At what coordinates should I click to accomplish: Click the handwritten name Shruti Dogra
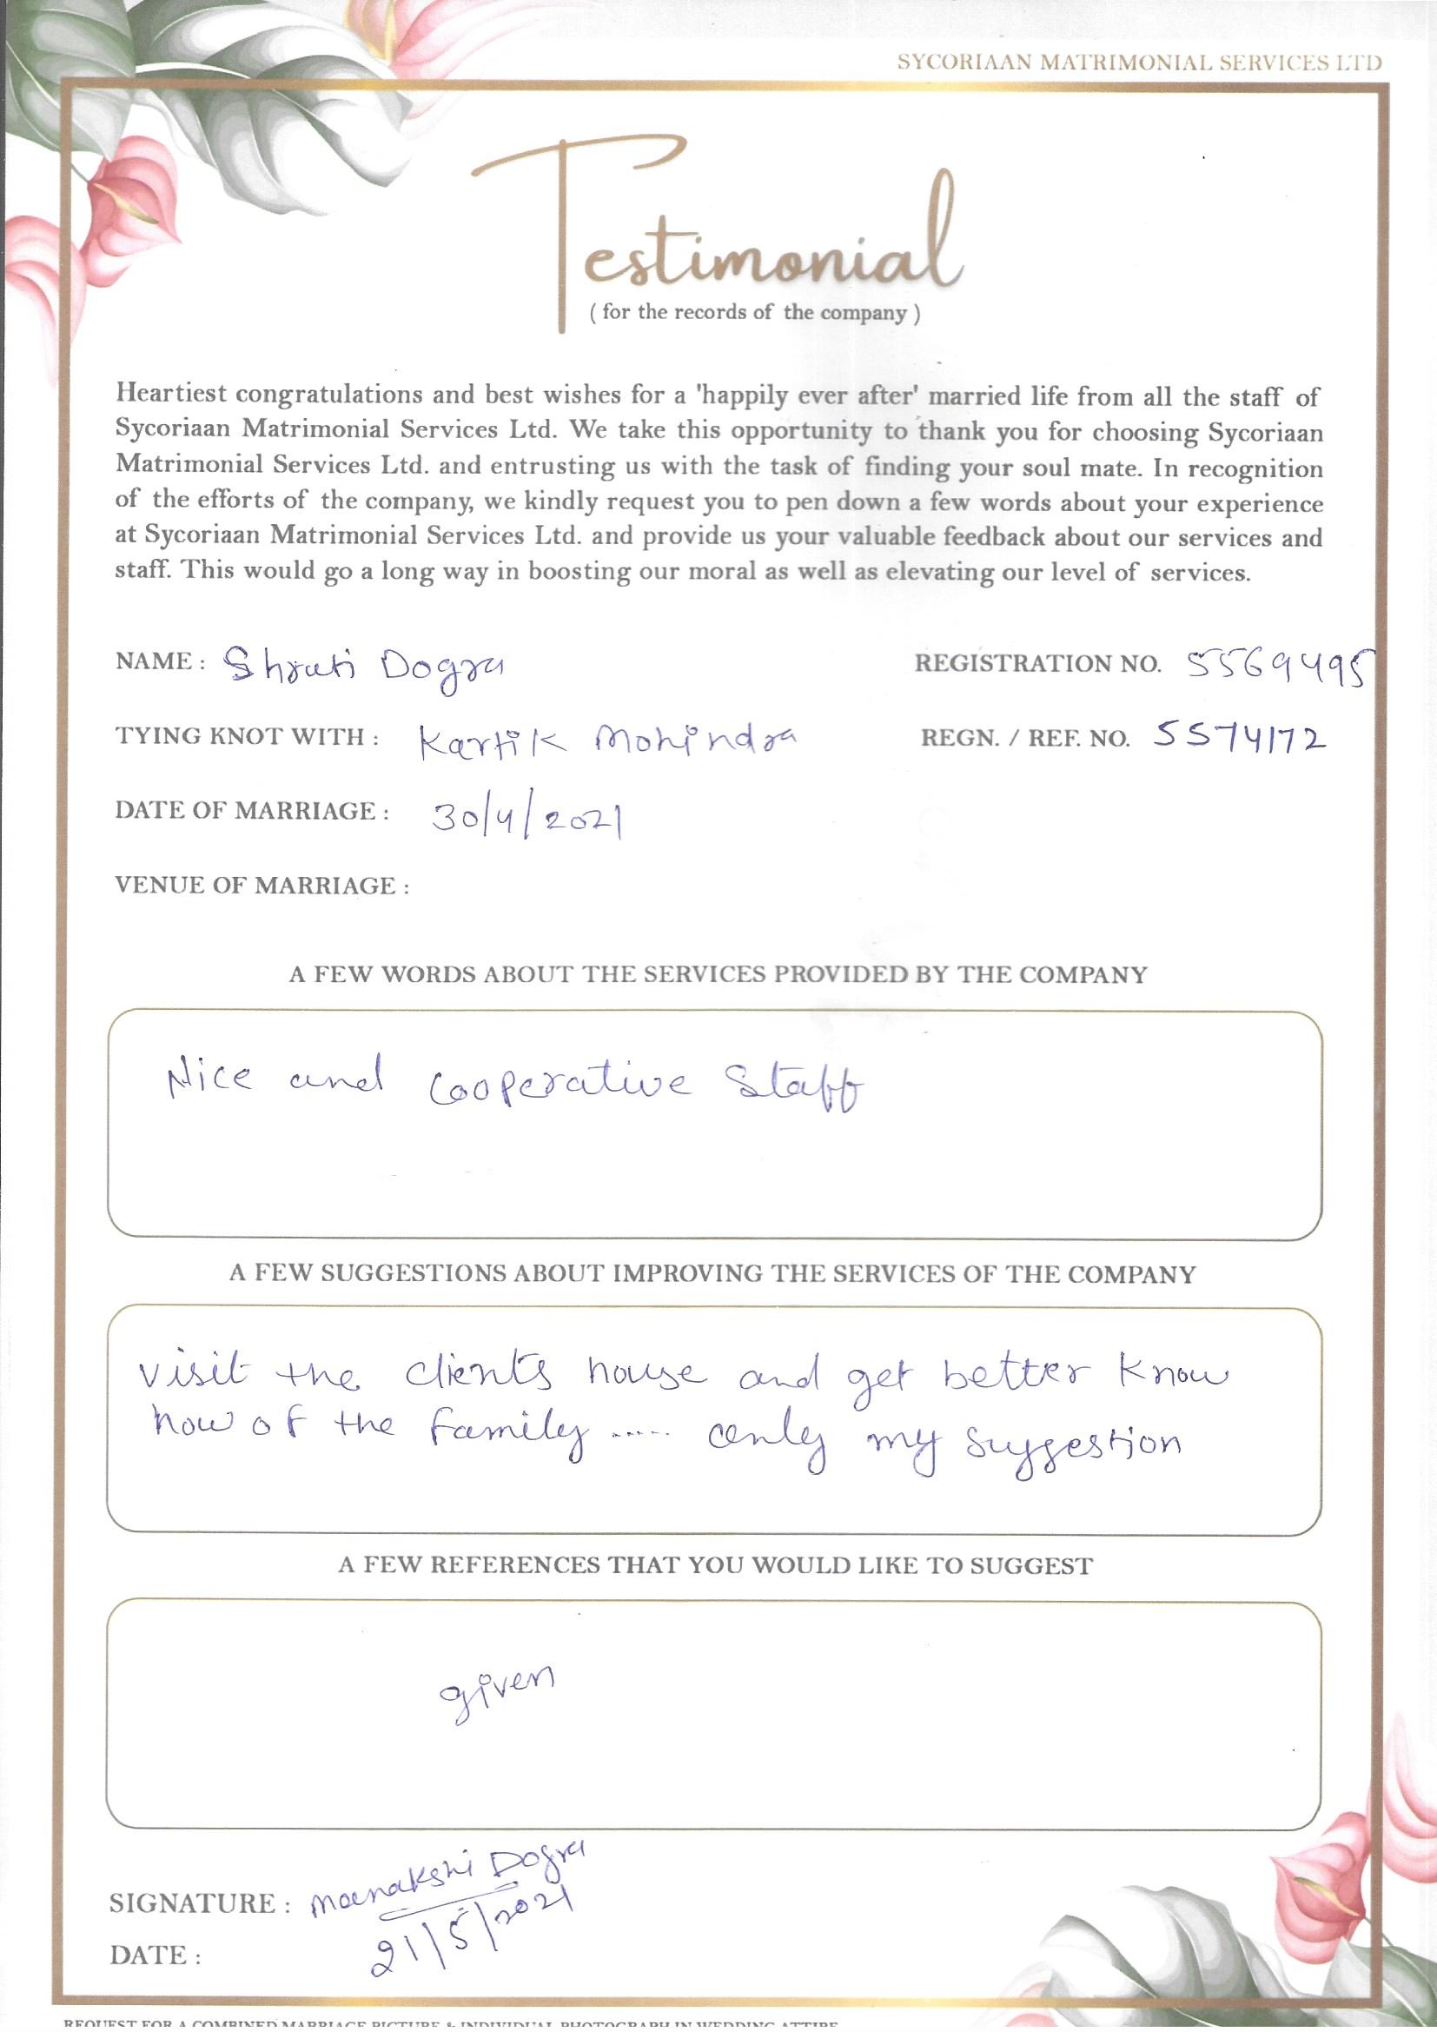point(363,665)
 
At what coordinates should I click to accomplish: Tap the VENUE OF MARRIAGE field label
point(262,886)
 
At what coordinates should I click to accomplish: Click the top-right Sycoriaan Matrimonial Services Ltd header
point(1139,63)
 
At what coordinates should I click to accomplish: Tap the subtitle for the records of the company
point(754,313)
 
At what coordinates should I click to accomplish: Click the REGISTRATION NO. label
point(1037,665)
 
